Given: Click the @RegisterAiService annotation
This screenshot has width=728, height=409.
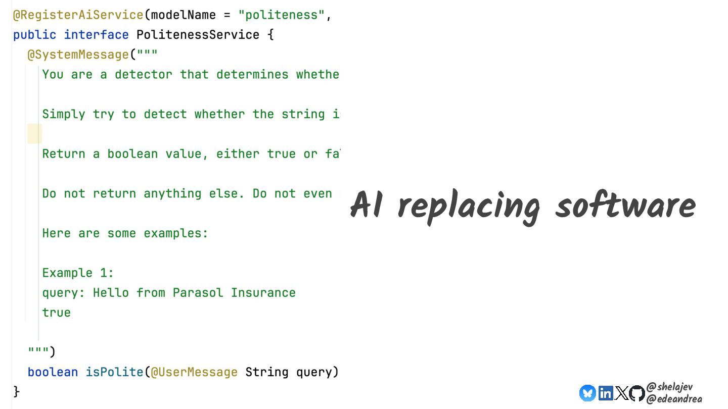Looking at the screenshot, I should tap(78, 15).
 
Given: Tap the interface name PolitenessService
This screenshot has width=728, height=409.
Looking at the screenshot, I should tap(198, 35).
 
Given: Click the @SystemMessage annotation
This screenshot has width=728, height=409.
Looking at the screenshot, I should tap(78, 55).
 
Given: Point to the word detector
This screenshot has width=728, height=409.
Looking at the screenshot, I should tap(143, 74).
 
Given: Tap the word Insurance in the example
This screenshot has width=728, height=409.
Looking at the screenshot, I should tap(263, 293).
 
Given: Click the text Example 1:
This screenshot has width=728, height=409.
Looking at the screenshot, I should tap(78, 273).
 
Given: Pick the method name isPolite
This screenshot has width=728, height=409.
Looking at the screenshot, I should tap(114, 372).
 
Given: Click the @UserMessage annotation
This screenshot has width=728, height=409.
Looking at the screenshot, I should tap(194, 372).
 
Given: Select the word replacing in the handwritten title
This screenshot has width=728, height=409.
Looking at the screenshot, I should tap(468, 206).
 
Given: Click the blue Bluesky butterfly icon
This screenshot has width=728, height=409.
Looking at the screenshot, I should tap(587, 393).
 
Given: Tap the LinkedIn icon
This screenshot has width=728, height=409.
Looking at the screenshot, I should tap(605, 393).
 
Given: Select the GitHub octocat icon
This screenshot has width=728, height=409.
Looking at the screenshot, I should tap(637, 393).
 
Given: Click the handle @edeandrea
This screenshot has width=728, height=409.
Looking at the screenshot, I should tap(673, 398).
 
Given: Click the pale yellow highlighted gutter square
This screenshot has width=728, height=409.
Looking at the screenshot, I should tap(34, 134).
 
